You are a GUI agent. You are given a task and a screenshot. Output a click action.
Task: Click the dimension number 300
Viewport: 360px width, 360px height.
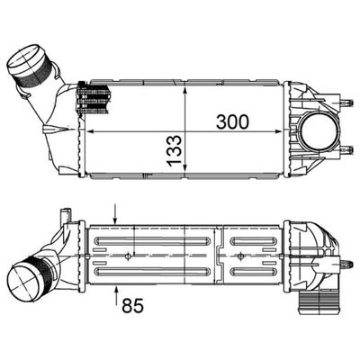[x=231, y=121]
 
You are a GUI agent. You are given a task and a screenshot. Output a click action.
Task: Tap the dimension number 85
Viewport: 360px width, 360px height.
[x=133, y=305]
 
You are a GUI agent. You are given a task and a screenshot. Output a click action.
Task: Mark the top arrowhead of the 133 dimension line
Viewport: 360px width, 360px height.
[x=184, y=86]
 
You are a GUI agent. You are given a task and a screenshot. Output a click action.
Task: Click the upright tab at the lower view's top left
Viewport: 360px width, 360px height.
[x=62, y=218]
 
